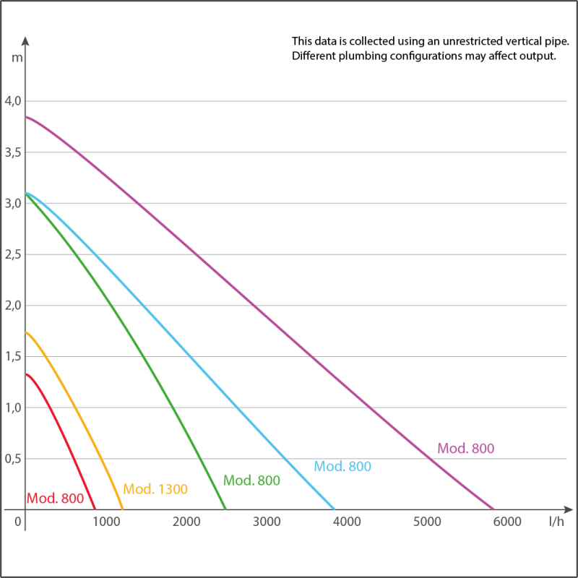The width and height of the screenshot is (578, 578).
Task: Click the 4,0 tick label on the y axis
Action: tap(14, 100)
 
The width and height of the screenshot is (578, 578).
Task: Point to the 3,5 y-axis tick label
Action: tap(14, 152)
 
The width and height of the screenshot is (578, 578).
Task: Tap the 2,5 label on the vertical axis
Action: tap(14, 254)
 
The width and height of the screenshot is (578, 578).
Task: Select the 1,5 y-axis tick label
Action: tap(14, 356)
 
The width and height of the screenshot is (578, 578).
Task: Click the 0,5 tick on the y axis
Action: tap(14, 459)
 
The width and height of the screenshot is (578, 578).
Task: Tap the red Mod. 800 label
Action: tap(55, 498)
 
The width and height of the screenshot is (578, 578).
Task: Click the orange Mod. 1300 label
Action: tap(155, 489)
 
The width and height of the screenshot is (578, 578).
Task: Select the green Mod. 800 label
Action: tap(251, 480)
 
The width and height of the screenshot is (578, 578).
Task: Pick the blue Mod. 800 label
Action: tap(342, 467)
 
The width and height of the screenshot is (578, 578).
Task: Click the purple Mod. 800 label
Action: tap(466, 449)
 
